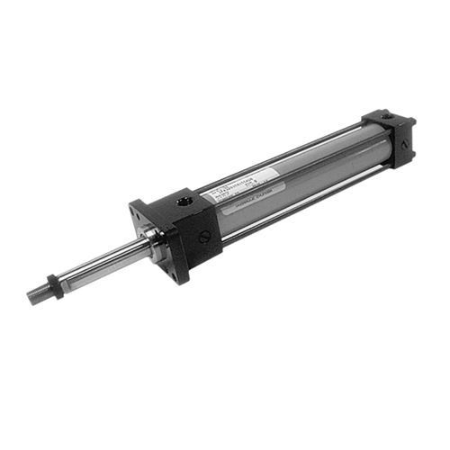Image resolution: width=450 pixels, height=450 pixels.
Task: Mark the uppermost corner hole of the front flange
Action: (135, 204)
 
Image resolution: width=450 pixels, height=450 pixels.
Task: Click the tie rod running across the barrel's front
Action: (297, 193)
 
